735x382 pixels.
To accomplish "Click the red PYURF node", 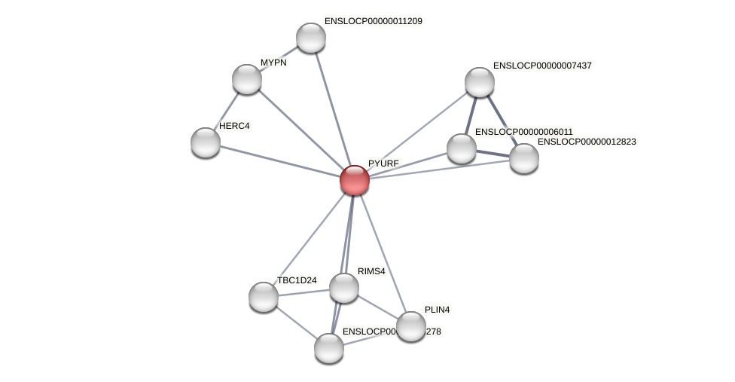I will tap(354, 180).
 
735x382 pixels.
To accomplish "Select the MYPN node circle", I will tap(247, 79).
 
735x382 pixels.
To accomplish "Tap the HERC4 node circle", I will tap(206, 142).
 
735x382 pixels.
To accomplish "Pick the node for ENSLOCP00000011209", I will tap(310, 38).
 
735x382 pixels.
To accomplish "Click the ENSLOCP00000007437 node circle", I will tap(480, 82).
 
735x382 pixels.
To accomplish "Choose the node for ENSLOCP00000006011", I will tap(462, 148).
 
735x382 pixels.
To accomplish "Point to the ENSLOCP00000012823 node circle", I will tap(524, 158).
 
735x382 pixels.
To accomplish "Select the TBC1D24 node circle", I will tap(264, 297).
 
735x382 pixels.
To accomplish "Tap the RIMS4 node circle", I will tap(344, 288).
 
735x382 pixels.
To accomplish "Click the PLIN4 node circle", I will tap(411, 326).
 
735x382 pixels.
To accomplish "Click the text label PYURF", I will tap(383, 163).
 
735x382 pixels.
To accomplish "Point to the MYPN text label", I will tap(273, 63).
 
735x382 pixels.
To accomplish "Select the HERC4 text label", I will tap(234, 126).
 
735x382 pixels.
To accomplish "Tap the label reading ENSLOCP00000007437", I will tap(542, 66).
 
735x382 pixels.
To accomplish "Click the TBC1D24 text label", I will tap(297, 280).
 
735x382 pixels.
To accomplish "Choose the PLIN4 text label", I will tap(437, 310).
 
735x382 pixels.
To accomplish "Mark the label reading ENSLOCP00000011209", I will tap(373, 21).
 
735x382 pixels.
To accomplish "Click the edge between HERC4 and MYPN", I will tap(226, 111).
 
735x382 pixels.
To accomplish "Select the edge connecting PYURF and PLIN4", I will tap(383, 253).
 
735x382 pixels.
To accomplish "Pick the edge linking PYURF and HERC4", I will tap(279, 161).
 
